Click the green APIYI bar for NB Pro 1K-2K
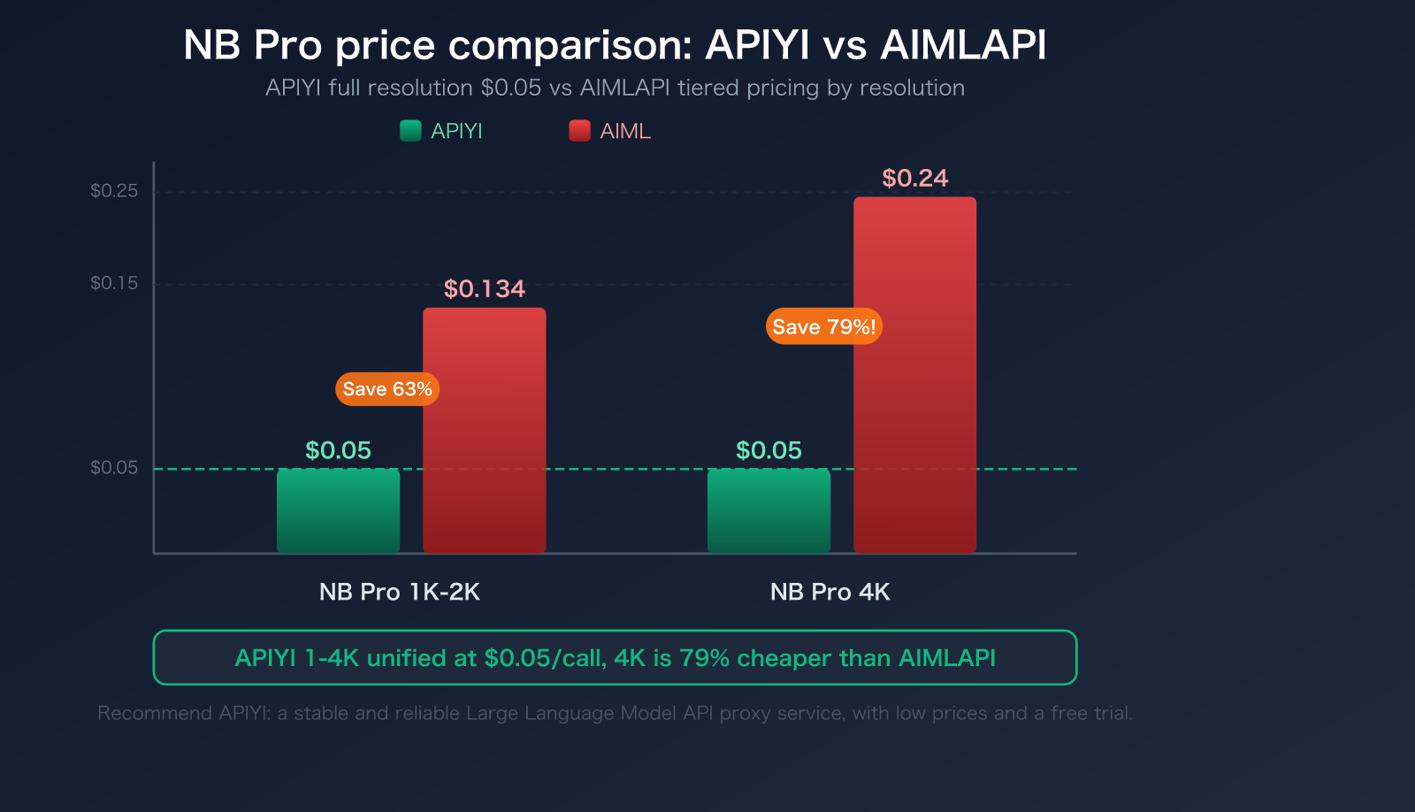pyautogui.click(x=338, y=511)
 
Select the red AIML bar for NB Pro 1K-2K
pyautogui.click(x=484, y=431)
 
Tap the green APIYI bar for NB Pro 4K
pyautogui.click(x=769, y=511)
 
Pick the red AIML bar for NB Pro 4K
pyautogui.click(x=914, y=375)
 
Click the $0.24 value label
pyautogui.click(x=914, y=179)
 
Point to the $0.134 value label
pyautogui.click(x=484, y=289)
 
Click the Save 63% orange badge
pyautogui.click(x=387, y=389)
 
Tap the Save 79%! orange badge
pyautogui.click(x=823, y=326)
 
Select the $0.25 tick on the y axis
pyautogui.click(x=114, y=191)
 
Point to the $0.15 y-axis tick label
pyautogui.click(x=114, y=283)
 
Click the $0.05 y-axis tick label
pyautogui.click(x=114, y=468)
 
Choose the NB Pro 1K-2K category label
pyautogui.click(x=399, y=592)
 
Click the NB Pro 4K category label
pyautogui.click(x=830, y=592)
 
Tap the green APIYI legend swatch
pyautogui.click(x=410, y=131)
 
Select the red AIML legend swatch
pyautogui.click(x=579, y=131)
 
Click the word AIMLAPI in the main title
pyautogui.click(x=963, y=45)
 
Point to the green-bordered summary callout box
pyautogui.click(x=615, y=657)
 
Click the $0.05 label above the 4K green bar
pyautogui.click(x=769, y=450)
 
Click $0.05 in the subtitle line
pyautogui.click(x=510, y=88)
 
